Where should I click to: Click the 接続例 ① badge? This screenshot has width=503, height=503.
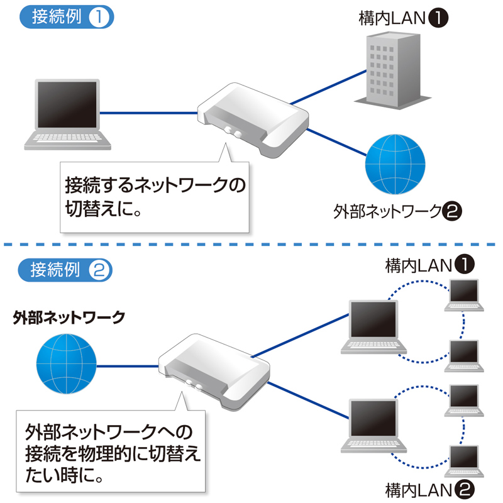pyautogui.click(x=67, y=17)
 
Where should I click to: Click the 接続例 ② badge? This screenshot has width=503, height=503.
pyautogui.click(x=67, y=270)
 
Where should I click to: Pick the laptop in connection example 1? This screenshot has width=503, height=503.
pyautogui.click(x=67, y=113)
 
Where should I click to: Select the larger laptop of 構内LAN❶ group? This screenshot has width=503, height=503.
pyautogui.click(x=375, y=324)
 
